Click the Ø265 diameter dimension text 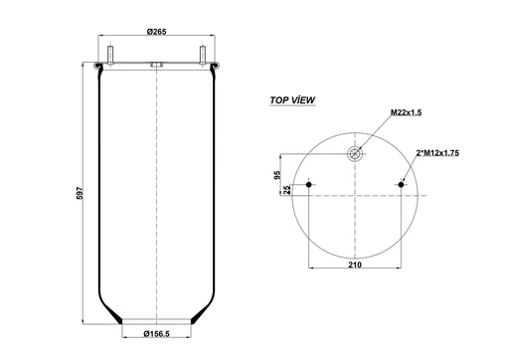(155, 33)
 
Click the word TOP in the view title (281, 100)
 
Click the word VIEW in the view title (311, 100)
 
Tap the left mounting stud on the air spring (108, 55)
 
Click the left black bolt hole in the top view (311, 184)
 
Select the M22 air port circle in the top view (354, 154)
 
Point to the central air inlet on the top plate (156, 66)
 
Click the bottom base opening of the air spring (156, 319)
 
